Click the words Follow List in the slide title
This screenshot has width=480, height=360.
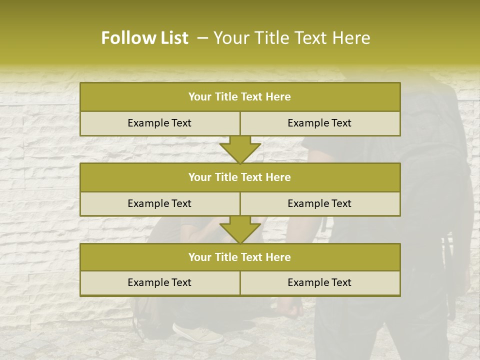tap(144, 38)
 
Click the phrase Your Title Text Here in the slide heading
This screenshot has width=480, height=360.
tap(292, 38)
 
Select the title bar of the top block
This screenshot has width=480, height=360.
tap(239, 97)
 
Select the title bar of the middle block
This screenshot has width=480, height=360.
tap(239, 177)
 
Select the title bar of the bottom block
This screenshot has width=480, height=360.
tap(239, 257)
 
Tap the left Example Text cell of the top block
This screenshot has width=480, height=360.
tap(159, 123)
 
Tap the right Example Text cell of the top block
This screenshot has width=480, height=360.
tap(319, 123)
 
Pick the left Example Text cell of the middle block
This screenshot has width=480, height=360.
tap(159, 203)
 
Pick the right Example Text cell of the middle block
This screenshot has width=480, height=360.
tap(319, 203)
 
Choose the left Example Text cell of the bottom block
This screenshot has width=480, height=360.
tap(159, 282)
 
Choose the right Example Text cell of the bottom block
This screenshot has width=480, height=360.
tap(319, 282)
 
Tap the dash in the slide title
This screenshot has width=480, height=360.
tap(202, 38)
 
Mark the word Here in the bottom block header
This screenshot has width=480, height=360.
tap(278, 257)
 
